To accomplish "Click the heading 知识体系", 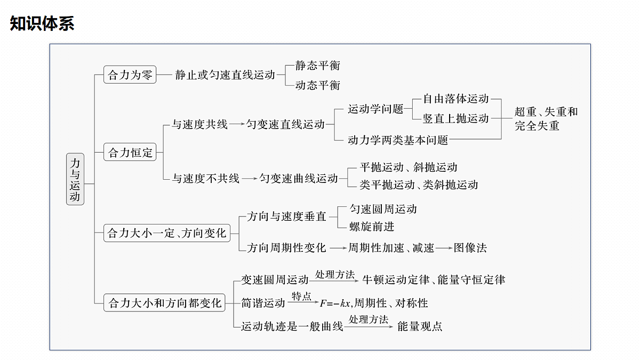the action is (x=42, y=23).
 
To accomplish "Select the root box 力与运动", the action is (x=75, y=179).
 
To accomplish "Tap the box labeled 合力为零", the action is (x=130, y=75).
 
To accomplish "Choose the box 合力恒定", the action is (x=130, y=153).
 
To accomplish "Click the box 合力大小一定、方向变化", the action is (x=167, y=233).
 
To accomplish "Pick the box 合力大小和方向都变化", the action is (x=164, y=303).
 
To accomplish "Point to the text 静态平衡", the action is (x=317, y=66).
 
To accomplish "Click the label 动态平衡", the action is (x=317, y=85).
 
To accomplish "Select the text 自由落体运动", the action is (x=455, y=99).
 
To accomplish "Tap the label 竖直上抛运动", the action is (x=455, y=118).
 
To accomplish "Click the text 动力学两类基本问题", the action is (x=398, y=140).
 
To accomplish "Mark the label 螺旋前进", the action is (x=372, y=227).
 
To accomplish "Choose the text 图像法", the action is (x=470, y=247).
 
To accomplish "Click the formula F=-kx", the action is (x=335, y=303).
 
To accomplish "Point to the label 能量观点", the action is (x=420, y=326).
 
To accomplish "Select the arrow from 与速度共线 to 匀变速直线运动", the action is (x=237, y=124).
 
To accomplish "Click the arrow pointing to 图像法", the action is (x=444, y=248).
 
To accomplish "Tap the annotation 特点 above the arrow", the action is (x=301, y=296).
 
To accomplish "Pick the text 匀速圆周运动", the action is (x=383, y=209).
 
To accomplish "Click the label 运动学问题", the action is (x=375, y=109).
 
